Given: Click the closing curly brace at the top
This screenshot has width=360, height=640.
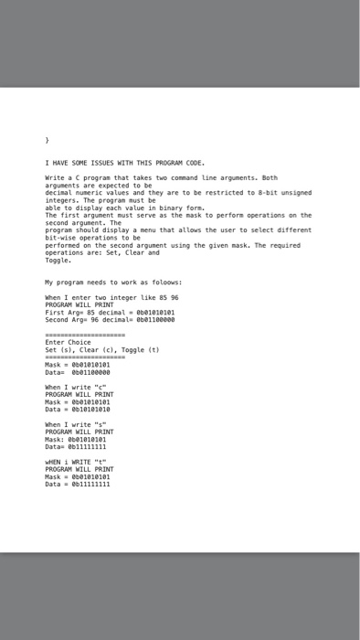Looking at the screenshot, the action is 47,142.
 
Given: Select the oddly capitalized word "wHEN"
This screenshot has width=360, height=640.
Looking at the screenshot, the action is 54,463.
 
